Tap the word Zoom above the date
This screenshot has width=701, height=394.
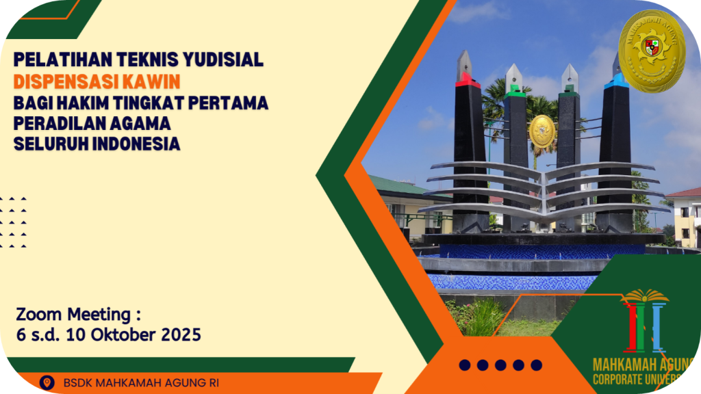[x=39, y=315]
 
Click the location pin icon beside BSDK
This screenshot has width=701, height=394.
[x=47, y=383]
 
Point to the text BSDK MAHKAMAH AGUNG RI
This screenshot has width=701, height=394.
[x=141, y=383]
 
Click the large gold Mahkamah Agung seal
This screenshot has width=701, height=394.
[x=652, y=51]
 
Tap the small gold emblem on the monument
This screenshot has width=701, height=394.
[x=542, y=131]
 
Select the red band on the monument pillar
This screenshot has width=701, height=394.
[x=467, y=81]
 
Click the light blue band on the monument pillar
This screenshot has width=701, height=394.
[x=617, y=81]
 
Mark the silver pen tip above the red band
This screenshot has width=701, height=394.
[x=465, y=62]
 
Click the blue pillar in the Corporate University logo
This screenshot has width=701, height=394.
[x=658, y=328]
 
